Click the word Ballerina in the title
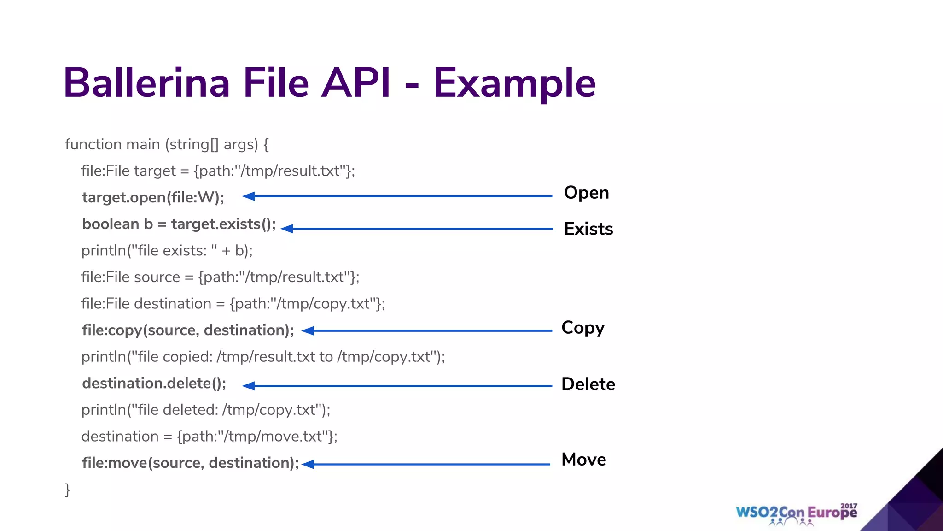146,83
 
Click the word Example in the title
514,83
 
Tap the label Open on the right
586,193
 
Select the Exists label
588,229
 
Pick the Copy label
582,328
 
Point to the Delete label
588,384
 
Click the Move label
583,460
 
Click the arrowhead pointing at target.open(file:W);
249,196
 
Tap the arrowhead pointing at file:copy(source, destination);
308,330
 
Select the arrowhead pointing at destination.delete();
249,386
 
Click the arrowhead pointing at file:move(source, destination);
308,464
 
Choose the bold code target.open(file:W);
153,197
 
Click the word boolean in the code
111,224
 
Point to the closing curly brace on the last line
67,490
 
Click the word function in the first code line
93,144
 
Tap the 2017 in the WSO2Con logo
849,506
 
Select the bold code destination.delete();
154,383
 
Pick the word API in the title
355,83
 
